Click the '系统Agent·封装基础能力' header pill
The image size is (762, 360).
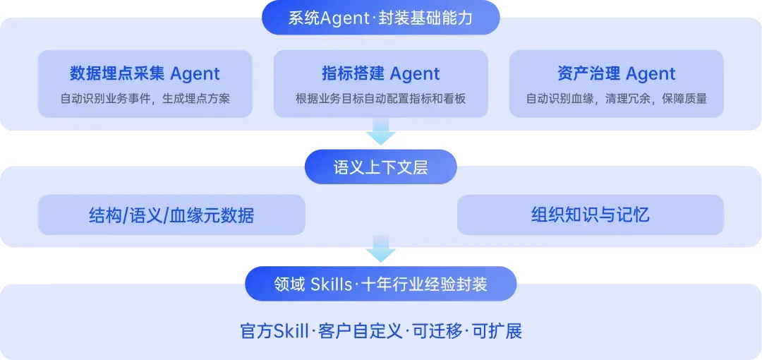[x=381, y=18]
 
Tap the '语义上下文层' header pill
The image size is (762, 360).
[x=381, y=167]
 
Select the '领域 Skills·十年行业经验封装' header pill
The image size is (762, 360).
[x=381, y=284]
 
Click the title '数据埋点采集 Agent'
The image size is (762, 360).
[x=145, y=74]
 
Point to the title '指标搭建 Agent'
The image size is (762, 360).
[x=381, y=74]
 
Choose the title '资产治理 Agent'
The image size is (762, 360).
[x=617, y=74]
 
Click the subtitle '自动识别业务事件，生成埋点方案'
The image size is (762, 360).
[x=145, y=99]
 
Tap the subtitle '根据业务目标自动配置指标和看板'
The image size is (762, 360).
[x=381, y=99]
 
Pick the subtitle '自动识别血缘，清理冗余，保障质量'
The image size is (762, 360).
[x=617, y=99]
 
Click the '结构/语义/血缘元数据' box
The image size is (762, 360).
[x=171, y=215]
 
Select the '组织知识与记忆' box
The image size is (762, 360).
[x=591, y=215]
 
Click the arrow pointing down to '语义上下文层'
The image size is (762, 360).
[x=381, y=132]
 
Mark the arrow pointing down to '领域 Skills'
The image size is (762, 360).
[x=381, y=249]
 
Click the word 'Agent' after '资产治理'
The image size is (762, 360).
[x=651, y=74]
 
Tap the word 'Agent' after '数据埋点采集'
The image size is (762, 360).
[x=195, y=74]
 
